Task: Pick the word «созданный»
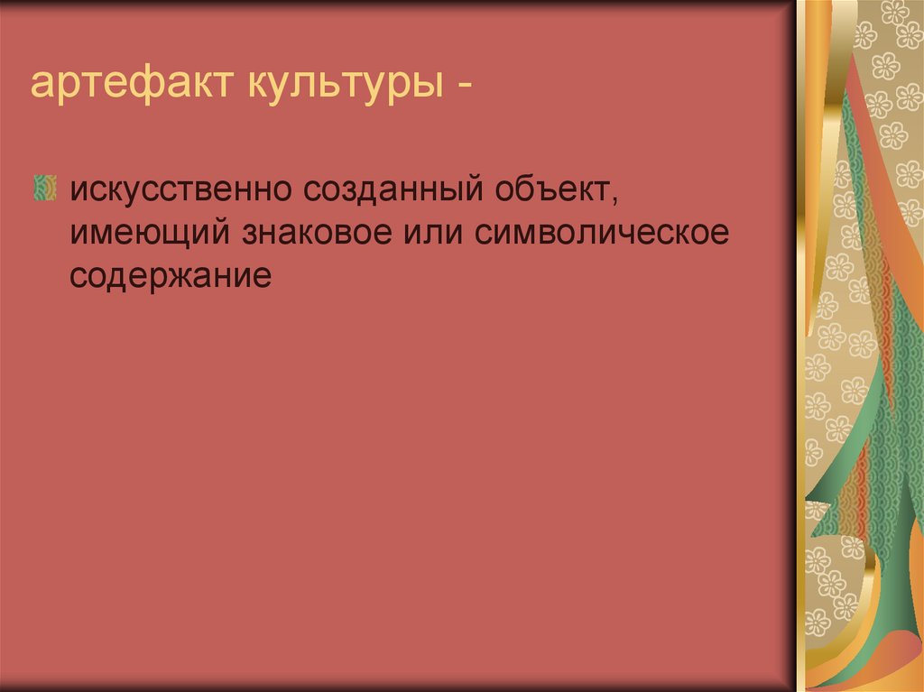tap(393, 189)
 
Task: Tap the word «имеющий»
tap(150, 233)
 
